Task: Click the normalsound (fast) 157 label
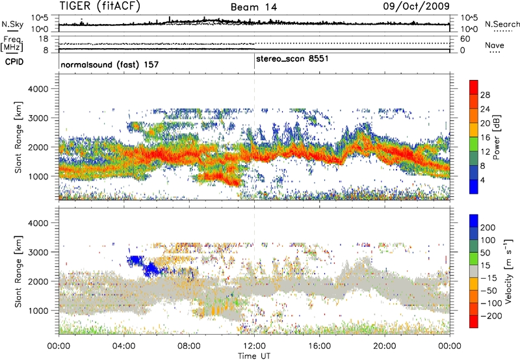point(110,66)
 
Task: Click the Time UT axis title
point(254,354)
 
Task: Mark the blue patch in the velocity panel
point(145,264)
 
